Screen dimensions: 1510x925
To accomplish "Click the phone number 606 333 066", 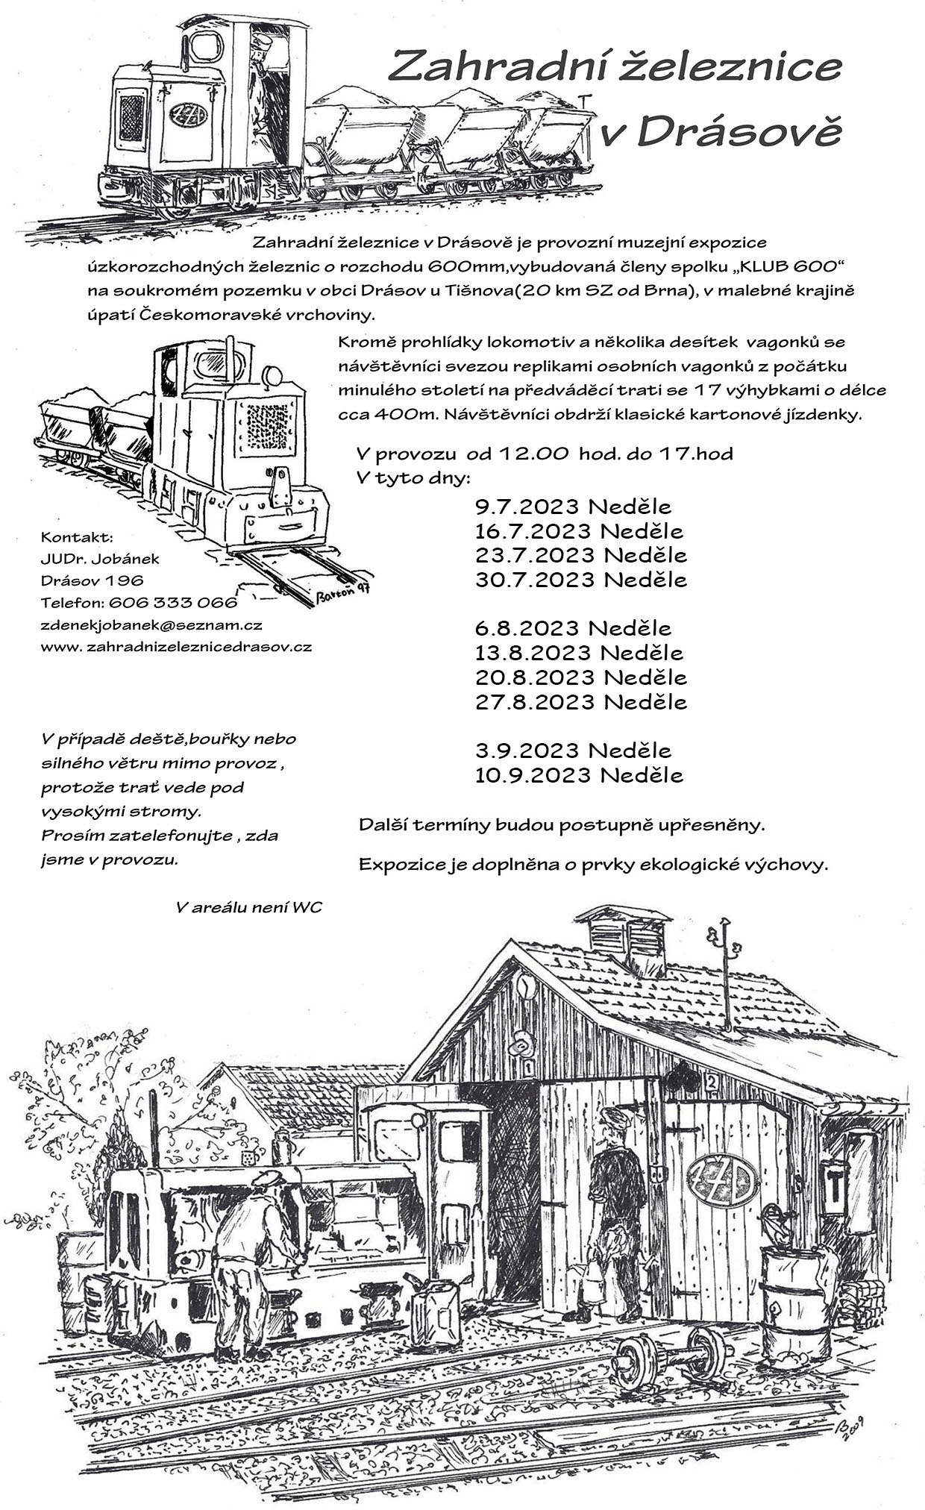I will point(173,603).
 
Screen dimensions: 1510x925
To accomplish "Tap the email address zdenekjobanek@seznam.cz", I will point(151,625).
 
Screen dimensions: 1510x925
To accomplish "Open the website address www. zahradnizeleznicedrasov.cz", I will point(176,647).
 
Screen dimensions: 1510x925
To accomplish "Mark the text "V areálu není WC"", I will point(248,907).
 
